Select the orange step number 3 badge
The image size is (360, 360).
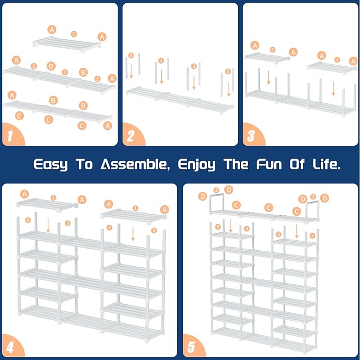pos(250,136)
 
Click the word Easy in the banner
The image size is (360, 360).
pos(50,164)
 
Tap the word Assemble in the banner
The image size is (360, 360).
pos(133,164)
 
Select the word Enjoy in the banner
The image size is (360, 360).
pos(197,164)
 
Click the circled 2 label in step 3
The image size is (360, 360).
pos(273,50)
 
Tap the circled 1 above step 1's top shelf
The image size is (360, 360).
pos(74,34)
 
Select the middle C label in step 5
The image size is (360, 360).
pos(269,207)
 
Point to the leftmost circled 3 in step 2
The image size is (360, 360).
pos(131,56)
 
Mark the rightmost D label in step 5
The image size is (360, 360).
pos(325,197)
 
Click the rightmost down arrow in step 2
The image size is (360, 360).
pos(229,88)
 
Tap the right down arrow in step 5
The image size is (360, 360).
pos(297,231)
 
